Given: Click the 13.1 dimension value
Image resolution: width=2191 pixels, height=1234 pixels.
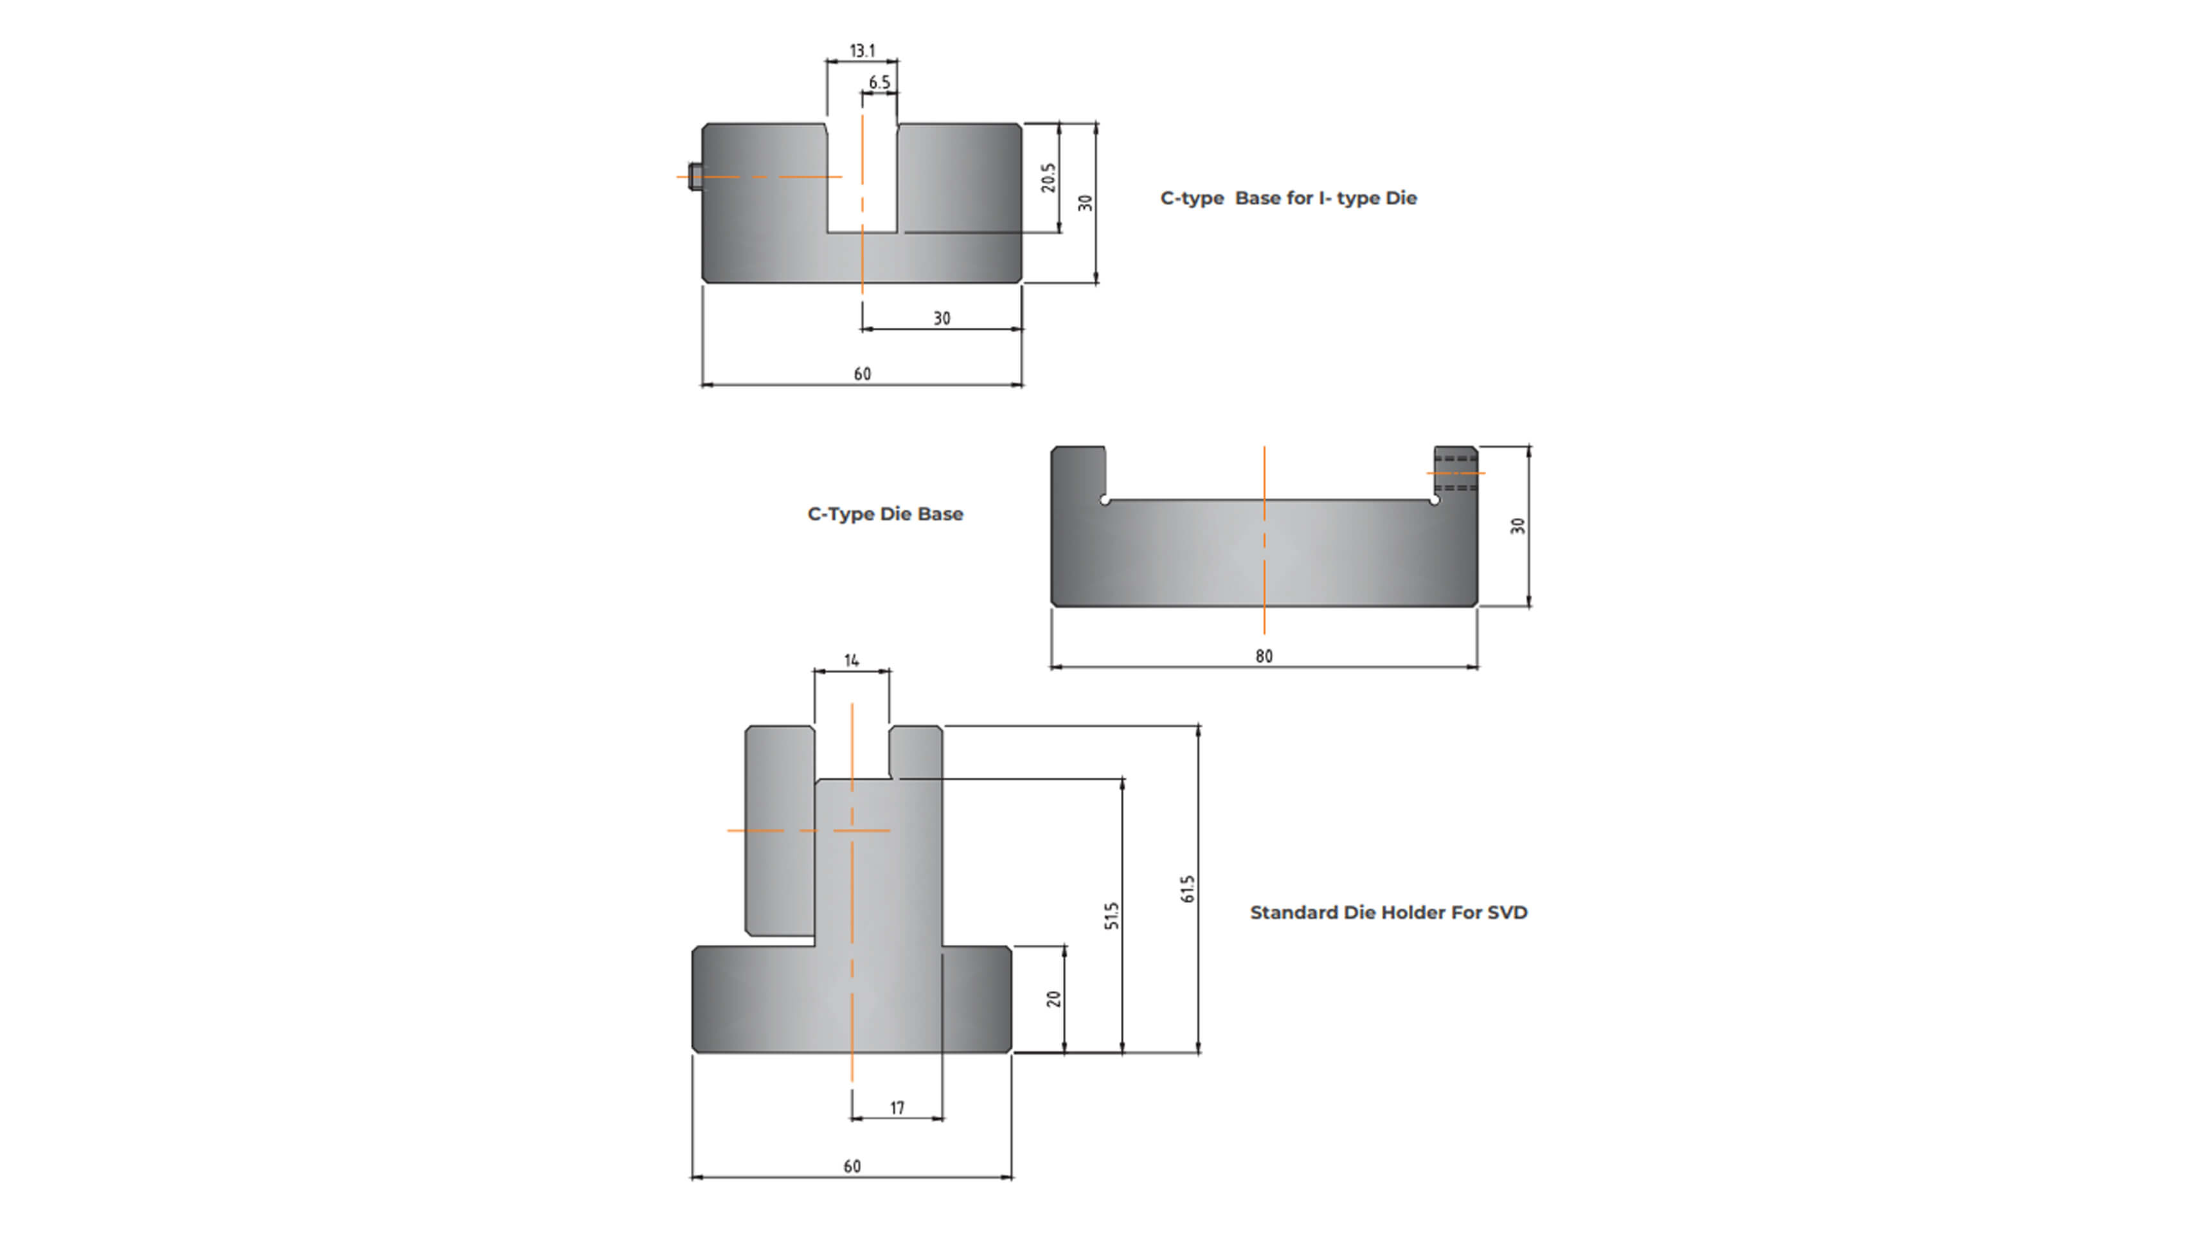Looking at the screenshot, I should tap(862, 51).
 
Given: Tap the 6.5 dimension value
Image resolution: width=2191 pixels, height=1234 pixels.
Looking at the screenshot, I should tap(879, 82).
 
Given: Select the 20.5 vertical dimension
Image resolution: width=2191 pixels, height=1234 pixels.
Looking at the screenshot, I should tap(1048, 178).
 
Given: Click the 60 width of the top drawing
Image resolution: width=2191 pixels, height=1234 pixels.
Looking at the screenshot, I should tap(862, 374).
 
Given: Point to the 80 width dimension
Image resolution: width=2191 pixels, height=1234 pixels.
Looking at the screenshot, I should tap(1264, 657).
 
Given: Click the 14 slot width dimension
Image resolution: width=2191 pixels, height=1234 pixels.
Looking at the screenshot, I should tap(852, 661).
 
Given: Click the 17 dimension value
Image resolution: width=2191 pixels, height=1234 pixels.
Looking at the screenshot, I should tap(897, 1108).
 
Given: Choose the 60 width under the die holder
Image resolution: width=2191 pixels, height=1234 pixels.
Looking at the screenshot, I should tap(852, 1167).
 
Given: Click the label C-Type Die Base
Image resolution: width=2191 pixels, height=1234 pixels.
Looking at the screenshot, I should tap(884, 515).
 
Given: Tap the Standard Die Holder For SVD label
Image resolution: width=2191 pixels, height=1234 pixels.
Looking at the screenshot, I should tap(1388, 913).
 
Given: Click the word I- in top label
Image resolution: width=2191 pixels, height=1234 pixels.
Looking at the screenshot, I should tap(1324, 198).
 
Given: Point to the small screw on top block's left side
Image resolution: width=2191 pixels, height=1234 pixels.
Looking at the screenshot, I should tap(695, 177).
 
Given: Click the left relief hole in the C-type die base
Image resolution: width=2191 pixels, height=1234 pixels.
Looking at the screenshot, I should tap(1105, 500).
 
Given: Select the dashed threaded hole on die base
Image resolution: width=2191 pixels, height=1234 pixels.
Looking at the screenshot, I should tap(1455, 473).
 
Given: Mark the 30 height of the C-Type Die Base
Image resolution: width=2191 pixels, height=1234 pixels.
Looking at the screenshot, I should tap(1517, 526).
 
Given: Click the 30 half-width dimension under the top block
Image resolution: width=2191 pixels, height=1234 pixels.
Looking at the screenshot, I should tap(942, 319).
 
